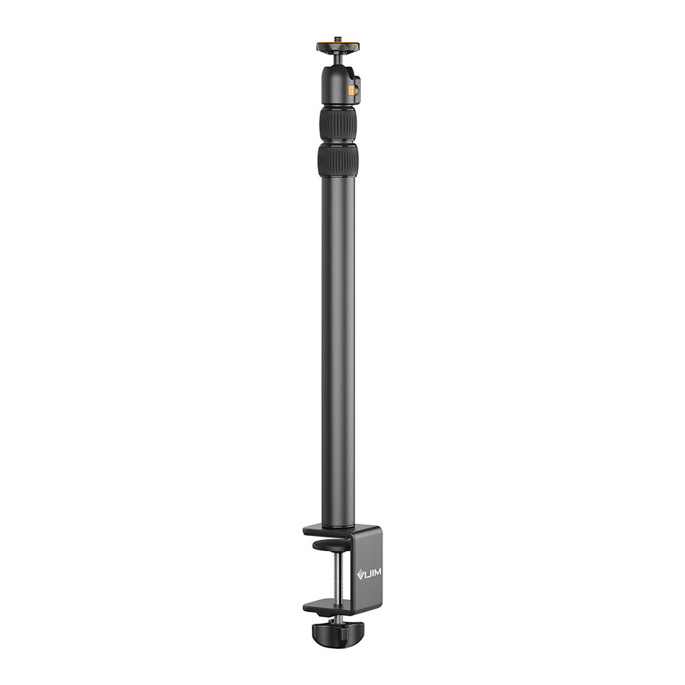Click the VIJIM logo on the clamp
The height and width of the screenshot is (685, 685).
click(369, 574)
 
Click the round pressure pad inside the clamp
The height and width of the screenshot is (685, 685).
click(331, 544)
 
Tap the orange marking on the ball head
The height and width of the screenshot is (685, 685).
click(351, 90)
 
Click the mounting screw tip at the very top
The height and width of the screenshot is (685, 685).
click(338, 39)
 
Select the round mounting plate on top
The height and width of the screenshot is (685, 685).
click(338, 46)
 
